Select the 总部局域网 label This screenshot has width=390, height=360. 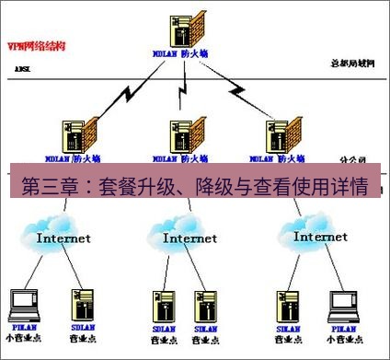(352, 62)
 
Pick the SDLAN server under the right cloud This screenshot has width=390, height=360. (287, 304)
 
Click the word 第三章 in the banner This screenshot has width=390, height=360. (43, 187)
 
